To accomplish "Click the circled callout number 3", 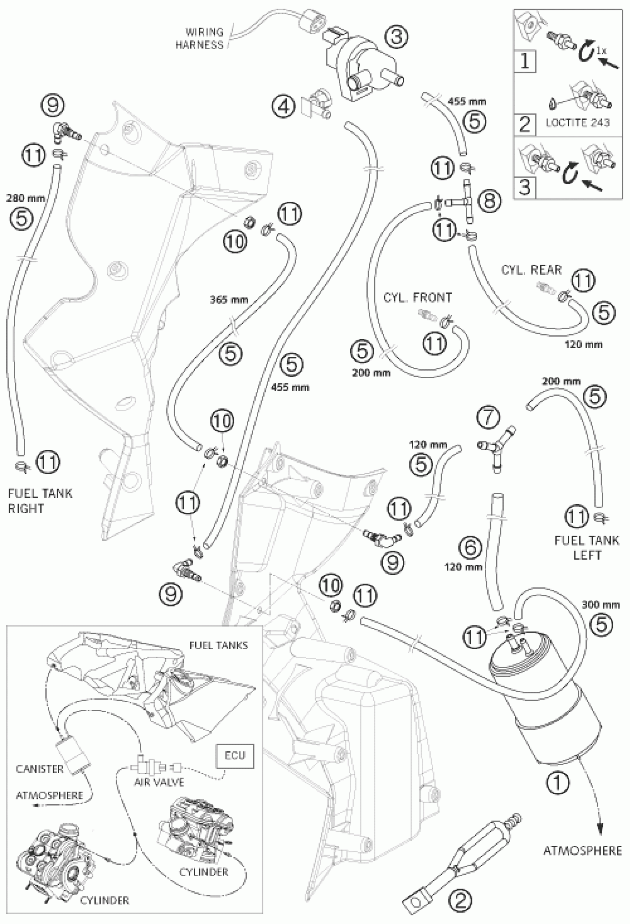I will [395, 37].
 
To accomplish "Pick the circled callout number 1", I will [557, 782].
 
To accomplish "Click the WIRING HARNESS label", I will [200, 39].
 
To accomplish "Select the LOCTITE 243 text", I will [577, 122].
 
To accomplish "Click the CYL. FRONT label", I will [417, 297].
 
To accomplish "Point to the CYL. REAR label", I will [531, 270].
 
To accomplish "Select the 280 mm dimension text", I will [26, 198].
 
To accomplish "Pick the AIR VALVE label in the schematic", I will [159, 782].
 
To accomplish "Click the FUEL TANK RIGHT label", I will [40, 501].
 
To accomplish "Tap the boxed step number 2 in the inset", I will [525, 124].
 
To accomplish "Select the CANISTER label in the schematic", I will [40, 769].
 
